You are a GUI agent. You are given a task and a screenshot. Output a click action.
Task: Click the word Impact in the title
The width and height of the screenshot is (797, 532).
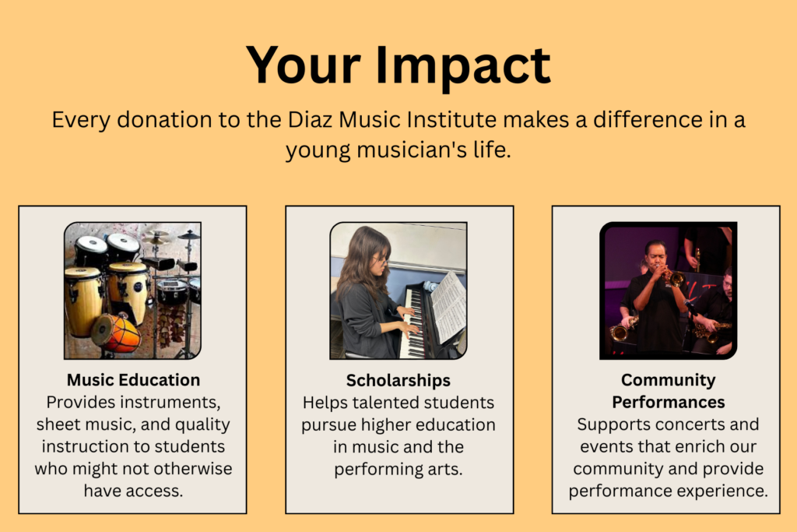click(x=463, y=67)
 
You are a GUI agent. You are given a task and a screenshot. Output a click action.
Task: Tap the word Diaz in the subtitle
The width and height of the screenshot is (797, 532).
click(x=310, y=120)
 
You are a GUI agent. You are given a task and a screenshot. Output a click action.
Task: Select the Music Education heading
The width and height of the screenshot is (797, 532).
click(x=133, y=380)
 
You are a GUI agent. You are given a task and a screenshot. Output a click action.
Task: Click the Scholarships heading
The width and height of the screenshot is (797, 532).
click(x=398, y=380)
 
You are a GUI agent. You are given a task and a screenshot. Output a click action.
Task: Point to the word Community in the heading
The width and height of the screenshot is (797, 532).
click(x=668, y=380)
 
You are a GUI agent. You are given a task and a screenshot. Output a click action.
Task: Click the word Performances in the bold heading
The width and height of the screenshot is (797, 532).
click(x=668, y=402)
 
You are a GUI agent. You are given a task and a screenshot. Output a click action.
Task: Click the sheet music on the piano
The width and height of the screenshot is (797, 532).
click(x=448, y=306)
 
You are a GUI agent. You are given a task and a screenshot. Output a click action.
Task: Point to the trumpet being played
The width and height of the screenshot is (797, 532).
click(x=672, y=277)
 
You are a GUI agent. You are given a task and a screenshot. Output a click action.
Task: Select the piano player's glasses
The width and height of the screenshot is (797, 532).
click(x=380, y=261)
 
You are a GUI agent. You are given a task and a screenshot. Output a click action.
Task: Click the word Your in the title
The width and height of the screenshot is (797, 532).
click(x=304, y=65)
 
